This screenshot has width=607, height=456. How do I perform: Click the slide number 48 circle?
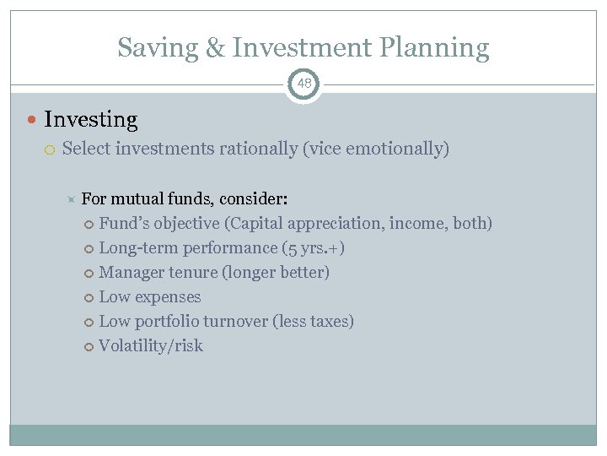303,84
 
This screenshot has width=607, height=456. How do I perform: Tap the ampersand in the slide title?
215,48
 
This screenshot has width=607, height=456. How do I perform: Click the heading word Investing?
90,120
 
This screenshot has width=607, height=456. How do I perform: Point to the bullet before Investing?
32,120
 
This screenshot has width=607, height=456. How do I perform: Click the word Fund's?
123,224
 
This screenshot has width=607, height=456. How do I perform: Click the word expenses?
167,297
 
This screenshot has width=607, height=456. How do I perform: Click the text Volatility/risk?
151,346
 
